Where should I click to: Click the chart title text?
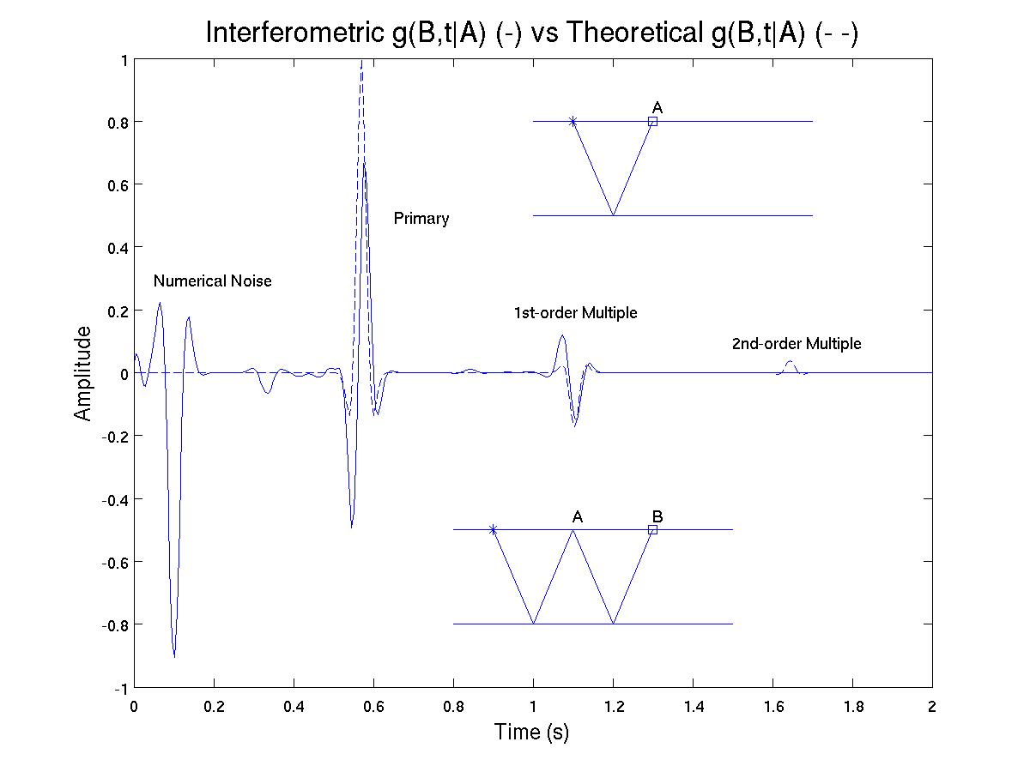pos(532,33)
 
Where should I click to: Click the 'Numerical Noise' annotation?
pos(213,280)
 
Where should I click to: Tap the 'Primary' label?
pos(421,219)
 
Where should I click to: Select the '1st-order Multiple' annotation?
pos(575,312)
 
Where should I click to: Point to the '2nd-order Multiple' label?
pos(797,344)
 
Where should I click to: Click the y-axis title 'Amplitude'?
pos(82,374)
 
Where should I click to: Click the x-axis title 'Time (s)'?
pos(531,732)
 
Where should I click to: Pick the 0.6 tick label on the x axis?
pos(373,707)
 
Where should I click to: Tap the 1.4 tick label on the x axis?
pos(693,707)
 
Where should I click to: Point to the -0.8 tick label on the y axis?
pos(114,624)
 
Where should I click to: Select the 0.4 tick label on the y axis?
pos(118,248)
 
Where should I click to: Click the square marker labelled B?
pos(652,529)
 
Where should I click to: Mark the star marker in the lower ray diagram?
pos(493,529)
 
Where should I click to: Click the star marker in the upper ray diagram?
pos(573,122)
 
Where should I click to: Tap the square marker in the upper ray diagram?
pos(652,122)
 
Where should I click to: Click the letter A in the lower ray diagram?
pos(578,516)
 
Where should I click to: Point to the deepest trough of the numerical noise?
pos(174,657)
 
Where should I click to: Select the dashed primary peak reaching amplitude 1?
pos(361,62)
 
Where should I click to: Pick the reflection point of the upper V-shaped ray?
pos(613,215)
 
